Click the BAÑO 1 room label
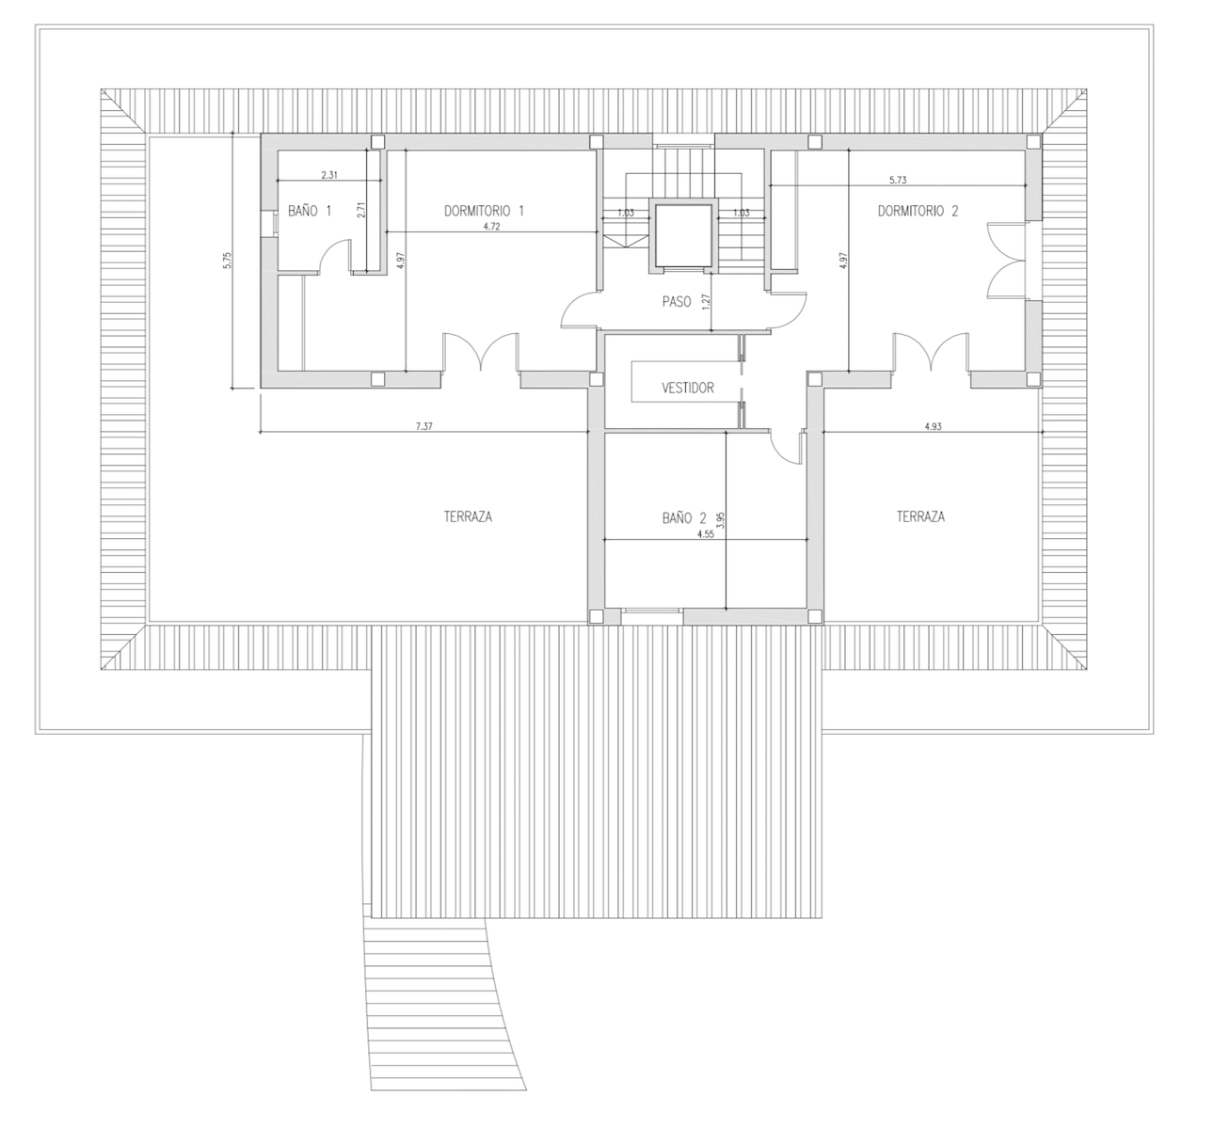tap(310, 212)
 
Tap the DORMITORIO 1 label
tap(483, 212)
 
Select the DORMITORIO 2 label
tap(918, 212)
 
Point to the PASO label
tap(677, 302)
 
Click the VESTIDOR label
tap(687, 388)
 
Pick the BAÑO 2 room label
tap(684, 517)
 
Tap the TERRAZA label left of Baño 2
tap(469, 516)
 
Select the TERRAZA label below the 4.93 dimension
tap(920, 516)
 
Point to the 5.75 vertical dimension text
tap(227, 261)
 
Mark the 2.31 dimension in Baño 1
tap(329, 175)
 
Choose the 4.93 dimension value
tap(933, 426)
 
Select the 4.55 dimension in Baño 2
tap(705, 534)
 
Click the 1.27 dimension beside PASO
tap(706, 302)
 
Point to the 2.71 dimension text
tap(361, 211)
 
